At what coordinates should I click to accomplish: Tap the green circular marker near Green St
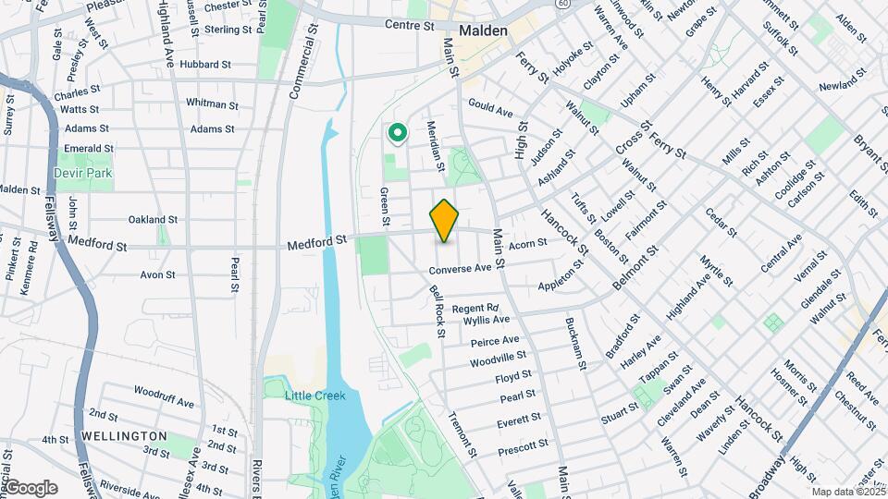(398, 135)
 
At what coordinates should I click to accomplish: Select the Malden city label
(482, 30)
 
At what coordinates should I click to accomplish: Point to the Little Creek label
(314, 396)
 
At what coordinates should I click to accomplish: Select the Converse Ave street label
(459, 269)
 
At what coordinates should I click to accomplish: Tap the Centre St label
(410, 26)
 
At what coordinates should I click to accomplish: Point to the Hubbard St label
(205, 65)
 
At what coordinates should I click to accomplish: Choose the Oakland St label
(153, 220)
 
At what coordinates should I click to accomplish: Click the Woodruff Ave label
(164, 403)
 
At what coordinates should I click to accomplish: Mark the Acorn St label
(528, 242)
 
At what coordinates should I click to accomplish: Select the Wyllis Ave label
(487, 320)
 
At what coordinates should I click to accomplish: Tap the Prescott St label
(523, 447)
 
